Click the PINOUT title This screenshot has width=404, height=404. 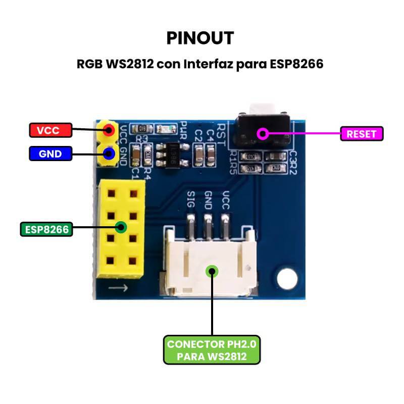click(x=200, y=38)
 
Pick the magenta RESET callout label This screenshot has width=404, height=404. click(x=362, y=133)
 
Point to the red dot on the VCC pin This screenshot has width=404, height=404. click(x=108, y=130)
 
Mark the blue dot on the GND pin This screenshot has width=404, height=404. click(x=108, y=154)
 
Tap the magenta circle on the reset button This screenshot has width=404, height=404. click(x=262, y=134)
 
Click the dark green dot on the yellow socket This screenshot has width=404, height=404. click(x=121, y=227)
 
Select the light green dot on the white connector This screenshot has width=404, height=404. click(x=213, y=271)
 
